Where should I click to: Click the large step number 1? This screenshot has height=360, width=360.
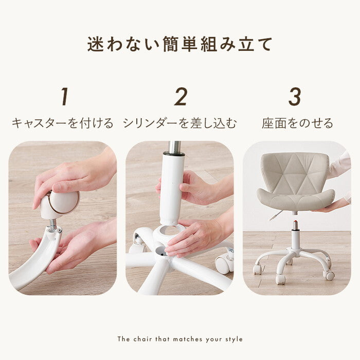(65, 97)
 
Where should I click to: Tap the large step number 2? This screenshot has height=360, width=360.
(181, 97)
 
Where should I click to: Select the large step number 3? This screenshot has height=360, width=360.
(295, 97)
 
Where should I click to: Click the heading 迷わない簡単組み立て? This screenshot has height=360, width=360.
(180, 44)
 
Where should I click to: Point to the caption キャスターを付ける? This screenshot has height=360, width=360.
(62, 123)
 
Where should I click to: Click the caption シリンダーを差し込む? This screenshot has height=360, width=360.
(180, 123)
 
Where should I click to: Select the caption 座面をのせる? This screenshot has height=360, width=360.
(297, 123)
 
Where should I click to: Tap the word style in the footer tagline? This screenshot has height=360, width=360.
(233, 339)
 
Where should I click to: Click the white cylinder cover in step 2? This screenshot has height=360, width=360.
(172, 188)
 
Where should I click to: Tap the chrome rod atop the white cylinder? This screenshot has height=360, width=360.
(174, 147)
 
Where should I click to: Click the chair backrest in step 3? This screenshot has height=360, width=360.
(295, 171)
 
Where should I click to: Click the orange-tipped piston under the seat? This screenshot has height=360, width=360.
(295, 225)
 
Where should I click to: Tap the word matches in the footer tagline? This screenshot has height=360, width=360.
(188, 339)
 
